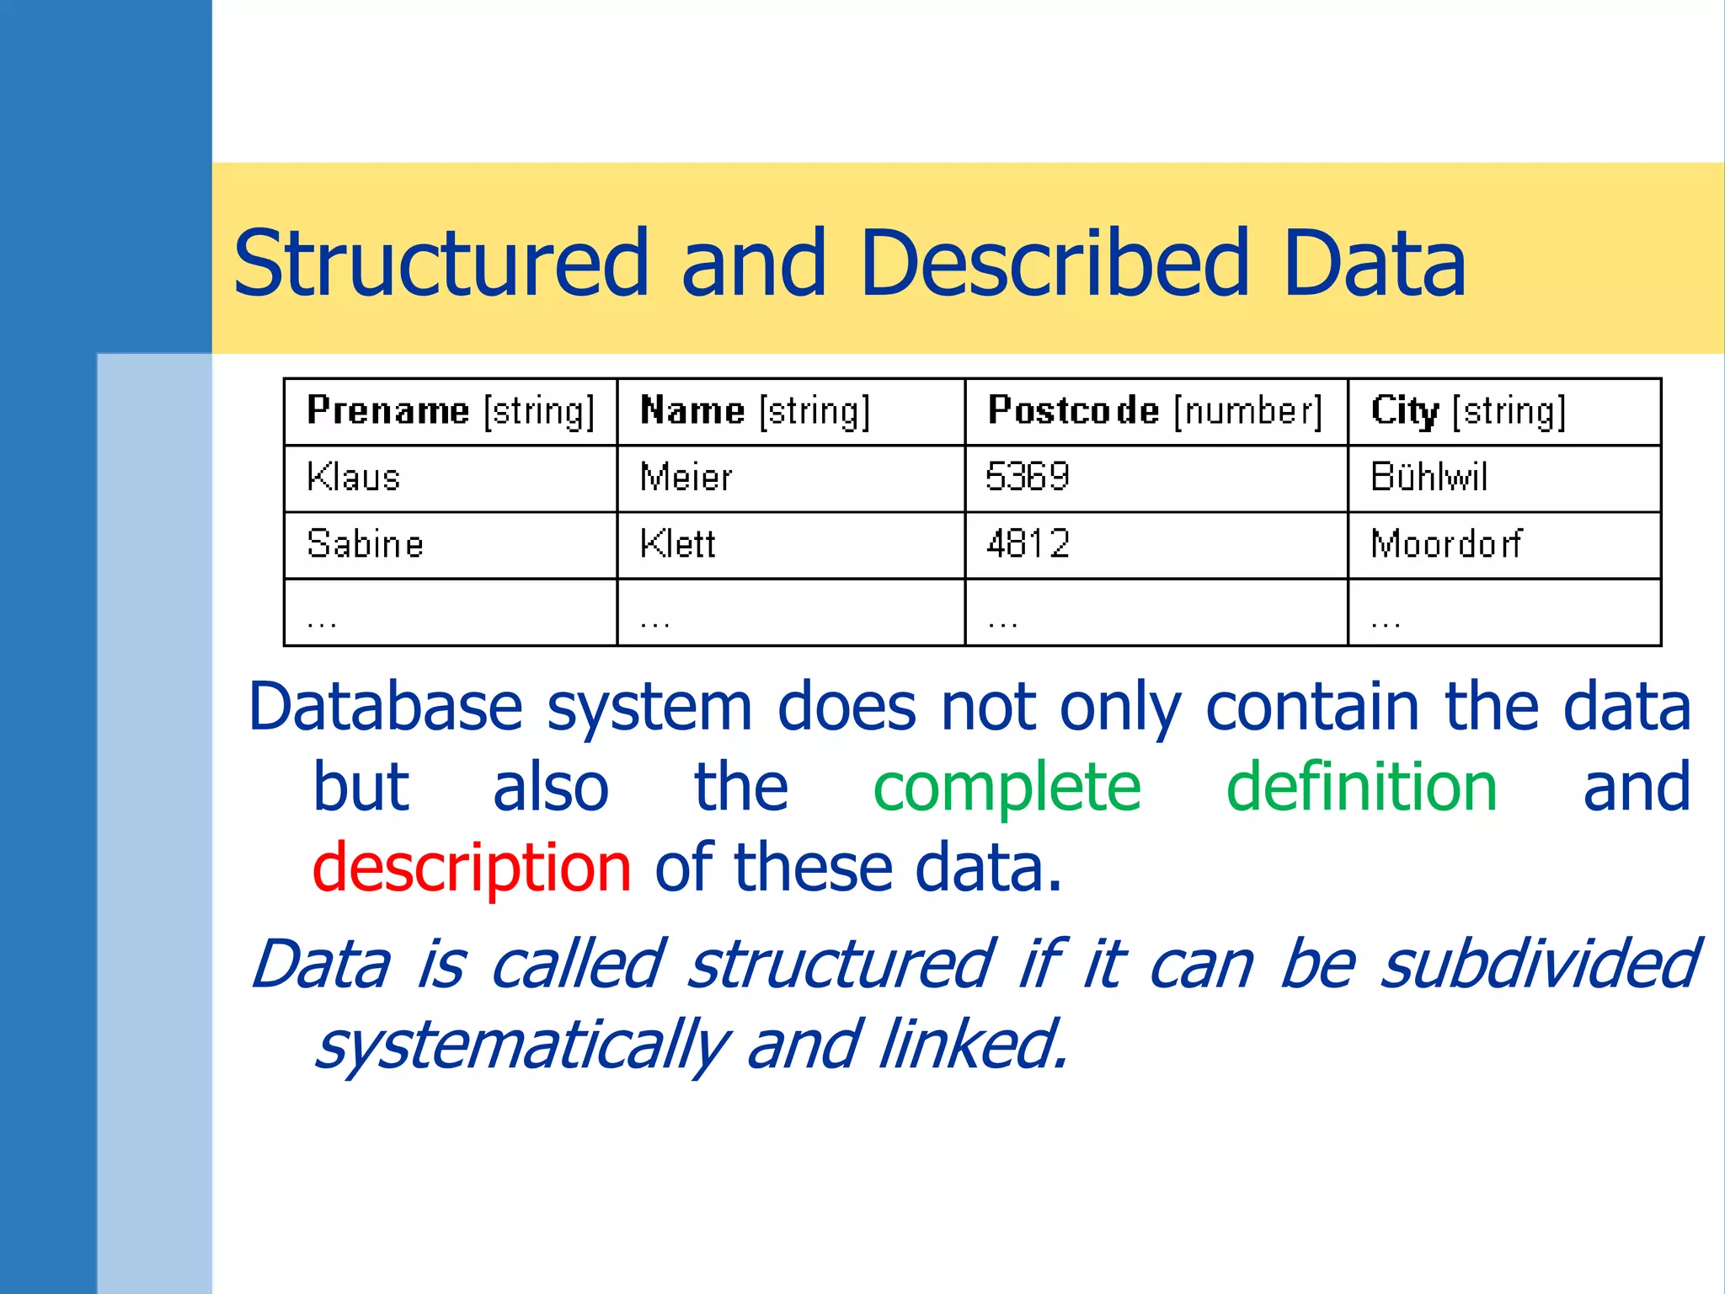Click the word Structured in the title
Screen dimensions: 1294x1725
441,265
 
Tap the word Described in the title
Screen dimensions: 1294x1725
1054,265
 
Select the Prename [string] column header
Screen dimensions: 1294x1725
451,411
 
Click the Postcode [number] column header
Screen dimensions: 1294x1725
1155,411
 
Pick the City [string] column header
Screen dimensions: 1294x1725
1468,411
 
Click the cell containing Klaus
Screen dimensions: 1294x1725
353,478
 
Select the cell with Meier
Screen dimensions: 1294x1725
686,478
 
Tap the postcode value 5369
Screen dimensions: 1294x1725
1027,478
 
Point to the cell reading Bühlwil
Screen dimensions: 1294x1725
1429,478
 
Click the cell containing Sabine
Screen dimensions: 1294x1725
365,544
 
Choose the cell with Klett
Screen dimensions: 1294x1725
677,544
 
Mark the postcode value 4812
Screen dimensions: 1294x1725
1028,544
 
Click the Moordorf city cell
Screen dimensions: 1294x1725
1446,544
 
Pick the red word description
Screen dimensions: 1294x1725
472,869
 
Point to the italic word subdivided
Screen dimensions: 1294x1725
1540,965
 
